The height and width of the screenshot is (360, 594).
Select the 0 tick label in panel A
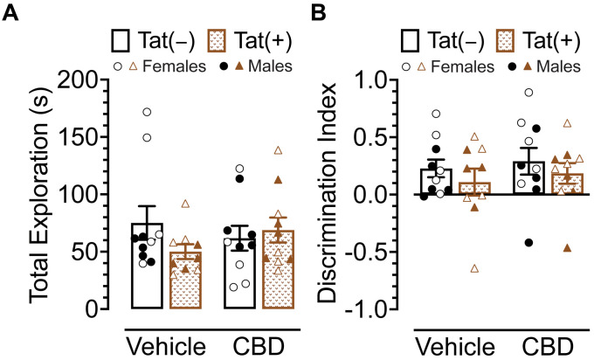click(x=100, y=308)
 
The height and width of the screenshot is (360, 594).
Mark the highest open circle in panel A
click(x=147, y=112)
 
